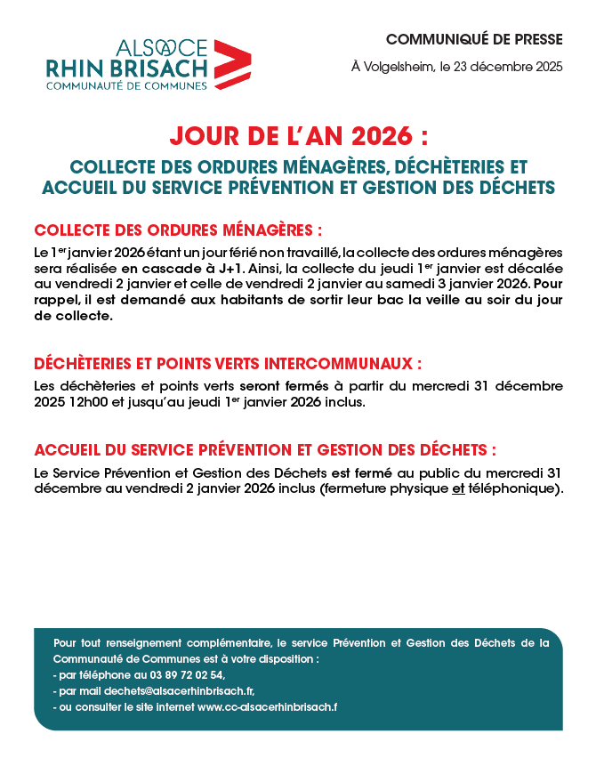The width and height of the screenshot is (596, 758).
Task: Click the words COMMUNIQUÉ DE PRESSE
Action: point(474,39)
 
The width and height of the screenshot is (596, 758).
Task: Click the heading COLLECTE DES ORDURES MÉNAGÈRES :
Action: point(177,230)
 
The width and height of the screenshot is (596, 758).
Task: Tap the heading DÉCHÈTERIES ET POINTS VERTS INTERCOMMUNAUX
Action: point(227,364)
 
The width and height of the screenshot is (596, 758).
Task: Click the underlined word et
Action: point(459,488)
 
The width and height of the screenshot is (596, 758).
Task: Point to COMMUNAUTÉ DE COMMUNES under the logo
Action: point(126,85)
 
